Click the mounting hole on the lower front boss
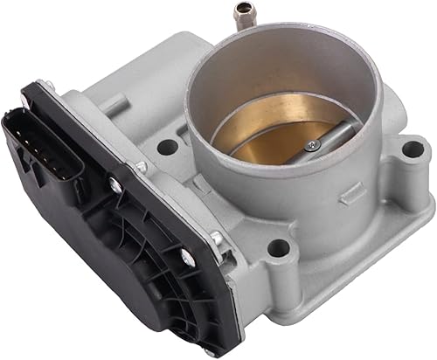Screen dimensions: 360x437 [277, 250]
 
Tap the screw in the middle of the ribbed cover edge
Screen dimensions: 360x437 [184, 257]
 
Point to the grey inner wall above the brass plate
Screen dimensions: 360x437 [262, 87]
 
